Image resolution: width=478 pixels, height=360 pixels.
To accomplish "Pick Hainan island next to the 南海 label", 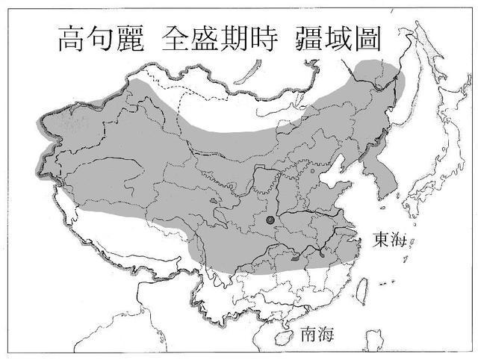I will pos(282,338).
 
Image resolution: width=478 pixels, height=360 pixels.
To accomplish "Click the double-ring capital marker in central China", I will pos(270,220).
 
